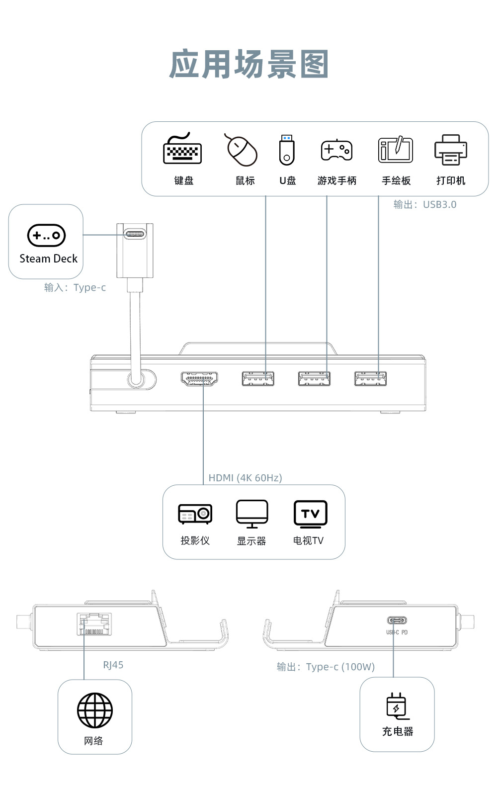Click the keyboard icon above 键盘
tap(182, 149)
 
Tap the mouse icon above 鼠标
tap(242, 150)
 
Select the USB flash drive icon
tap(287, 150)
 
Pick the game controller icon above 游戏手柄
tap(336, 150)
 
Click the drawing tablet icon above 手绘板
tap(396, 149)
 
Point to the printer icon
tap(451, 150)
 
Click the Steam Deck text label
tap(48, 259)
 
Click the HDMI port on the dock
tap(199, 379)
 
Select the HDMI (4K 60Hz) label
tap(245, 478)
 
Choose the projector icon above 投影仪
tap(195, 514)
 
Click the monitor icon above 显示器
tap(252, 514)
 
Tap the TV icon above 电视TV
tap(310, 514)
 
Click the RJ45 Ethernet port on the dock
tap(94, 624)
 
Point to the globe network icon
tap(94, 710)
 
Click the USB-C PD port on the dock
tap(397, 620)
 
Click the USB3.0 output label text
tap(424, 204)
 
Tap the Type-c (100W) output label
tap(326, 667)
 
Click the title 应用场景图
tap(248, 65)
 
